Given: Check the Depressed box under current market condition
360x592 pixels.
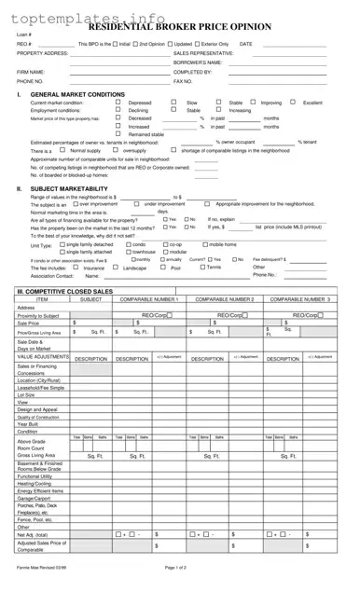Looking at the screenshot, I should [x=118, y=103].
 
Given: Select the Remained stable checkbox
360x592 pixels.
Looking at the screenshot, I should [x=118, y=133].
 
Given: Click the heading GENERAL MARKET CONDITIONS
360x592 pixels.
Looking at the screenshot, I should [x=78, y=94].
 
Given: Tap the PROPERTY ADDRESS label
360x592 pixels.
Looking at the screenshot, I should [x=43, y=53].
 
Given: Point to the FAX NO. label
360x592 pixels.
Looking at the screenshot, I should [x=183, y=81].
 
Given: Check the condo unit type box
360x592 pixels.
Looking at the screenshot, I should [x=128, y=244].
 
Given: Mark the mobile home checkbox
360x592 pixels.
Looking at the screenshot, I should [x=203, y=244].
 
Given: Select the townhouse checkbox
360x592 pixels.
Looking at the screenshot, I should [x=128, y=252].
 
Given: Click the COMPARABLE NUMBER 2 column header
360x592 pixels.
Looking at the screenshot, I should [x=225, y=299].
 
